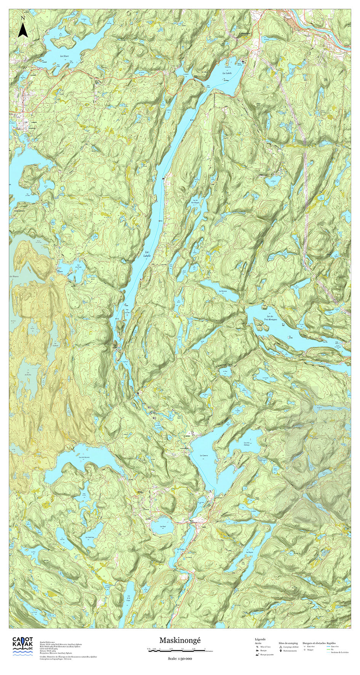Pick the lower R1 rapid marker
pyautogui.click(x=154, y=418)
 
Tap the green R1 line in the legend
pyautogui.click(x=329, y=649)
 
